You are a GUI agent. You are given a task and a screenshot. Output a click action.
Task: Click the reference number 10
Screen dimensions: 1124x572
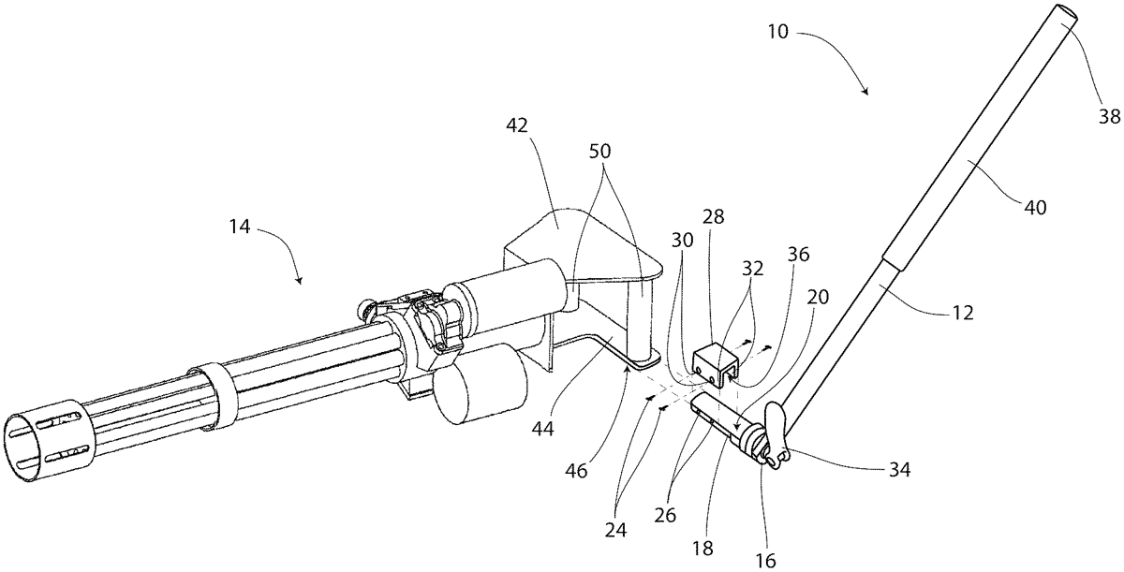(x=778, y=32)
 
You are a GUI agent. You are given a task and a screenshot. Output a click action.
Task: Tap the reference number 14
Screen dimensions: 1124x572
(x=240, y=227)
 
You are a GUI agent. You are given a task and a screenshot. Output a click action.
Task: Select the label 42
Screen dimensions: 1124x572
(x=517, y=125)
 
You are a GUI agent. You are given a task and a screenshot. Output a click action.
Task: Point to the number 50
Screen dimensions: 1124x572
(x=600, y=151)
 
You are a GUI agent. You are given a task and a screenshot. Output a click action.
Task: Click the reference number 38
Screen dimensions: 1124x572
(x=1109, y=117)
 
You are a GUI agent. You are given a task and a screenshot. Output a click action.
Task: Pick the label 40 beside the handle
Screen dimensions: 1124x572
(x=1035, y=207)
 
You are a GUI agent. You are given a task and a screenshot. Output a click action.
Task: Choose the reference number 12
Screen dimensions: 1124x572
(x=962, y=313)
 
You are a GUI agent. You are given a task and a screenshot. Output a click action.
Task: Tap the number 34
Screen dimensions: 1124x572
(x=899, y=470)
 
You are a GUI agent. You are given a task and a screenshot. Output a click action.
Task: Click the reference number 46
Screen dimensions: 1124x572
(x=576, y=470)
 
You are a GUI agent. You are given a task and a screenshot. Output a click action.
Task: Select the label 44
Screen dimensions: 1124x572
(x=543, y=429)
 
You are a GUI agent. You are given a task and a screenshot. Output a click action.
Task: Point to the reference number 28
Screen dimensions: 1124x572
(x=714, y=217)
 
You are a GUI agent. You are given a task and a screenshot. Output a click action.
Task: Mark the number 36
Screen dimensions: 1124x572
(x=798, y=255)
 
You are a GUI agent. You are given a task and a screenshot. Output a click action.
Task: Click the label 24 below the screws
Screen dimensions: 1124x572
(x=616, y=530)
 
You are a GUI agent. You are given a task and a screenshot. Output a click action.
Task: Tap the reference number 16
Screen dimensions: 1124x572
(x=766, y=561)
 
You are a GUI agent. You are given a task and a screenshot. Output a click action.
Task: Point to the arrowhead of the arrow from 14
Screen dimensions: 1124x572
(x=300, y=281)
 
